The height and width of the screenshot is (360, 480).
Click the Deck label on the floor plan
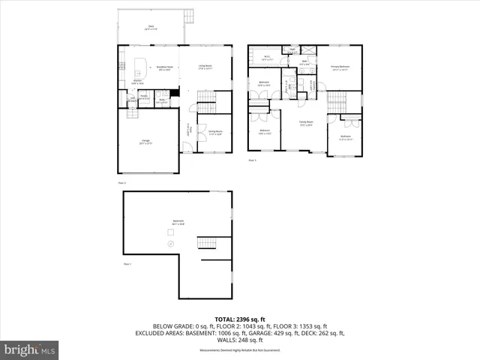point(151,28)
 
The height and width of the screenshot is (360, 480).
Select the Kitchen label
point(137,82)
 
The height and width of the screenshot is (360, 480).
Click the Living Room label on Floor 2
point(205,67)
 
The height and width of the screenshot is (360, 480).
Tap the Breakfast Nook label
point(164,67)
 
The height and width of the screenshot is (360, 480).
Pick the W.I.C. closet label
point(265,58)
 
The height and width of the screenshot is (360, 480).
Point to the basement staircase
point(206,243)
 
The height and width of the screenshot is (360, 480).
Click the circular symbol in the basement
point(172,244)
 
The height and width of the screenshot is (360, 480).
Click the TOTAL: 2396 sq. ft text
point(239,317)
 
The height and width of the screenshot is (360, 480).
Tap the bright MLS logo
point(30,349)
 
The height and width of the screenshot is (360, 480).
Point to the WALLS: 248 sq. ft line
point(239,340)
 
